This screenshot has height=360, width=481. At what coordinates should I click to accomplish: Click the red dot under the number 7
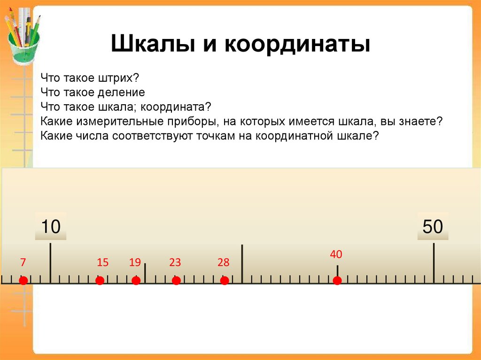click(x=23, y=281)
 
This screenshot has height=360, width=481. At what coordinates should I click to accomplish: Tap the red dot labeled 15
click(x=100, y=281)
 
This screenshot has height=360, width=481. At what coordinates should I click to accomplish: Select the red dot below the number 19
click(x=136, y=281)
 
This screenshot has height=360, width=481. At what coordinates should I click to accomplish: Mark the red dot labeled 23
click(x=176, y=281)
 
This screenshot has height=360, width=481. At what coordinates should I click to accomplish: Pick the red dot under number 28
click(x=225, y=281)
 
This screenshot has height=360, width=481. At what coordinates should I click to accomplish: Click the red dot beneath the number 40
click(x=337, y=281)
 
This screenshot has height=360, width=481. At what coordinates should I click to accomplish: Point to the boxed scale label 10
click(x=51, y=227)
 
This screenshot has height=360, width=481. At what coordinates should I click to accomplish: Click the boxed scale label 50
click(x=433, y=227)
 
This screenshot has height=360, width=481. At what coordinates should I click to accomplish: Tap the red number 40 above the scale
click(x=336, y=254)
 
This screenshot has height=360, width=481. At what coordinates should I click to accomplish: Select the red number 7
click(x=22, y=262)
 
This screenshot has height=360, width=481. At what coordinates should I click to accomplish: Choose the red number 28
click(x=223, y=262)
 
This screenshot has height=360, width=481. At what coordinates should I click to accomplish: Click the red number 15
click(x=102, y=262)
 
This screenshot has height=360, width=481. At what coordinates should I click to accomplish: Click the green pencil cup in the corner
click(x=23, y=45)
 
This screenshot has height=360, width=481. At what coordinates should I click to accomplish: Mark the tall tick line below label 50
click(x=434, y=263)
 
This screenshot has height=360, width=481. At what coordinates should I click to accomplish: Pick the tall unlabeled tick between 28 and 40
click(x=242, y=264)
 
